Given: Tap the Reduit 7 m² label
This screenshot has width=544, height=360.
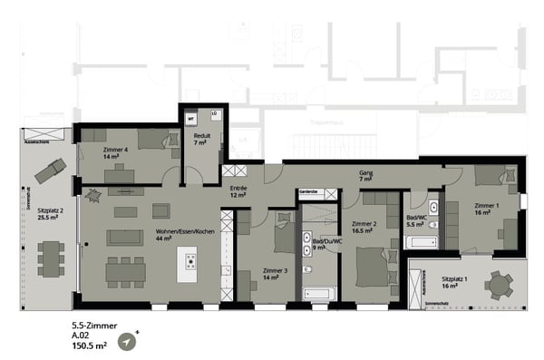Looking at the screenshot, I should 201,140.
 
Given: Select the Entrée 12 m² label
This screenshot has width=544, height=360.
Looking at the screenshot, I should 238,191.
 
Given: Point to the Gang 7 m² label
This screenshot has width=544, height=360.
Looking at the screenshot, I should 365,176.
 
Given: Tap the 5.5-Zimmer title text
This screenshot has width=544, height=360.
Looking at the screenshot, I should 95,324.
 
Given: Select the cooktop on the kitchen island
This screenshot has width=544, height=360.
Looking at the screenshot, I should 191,262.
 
